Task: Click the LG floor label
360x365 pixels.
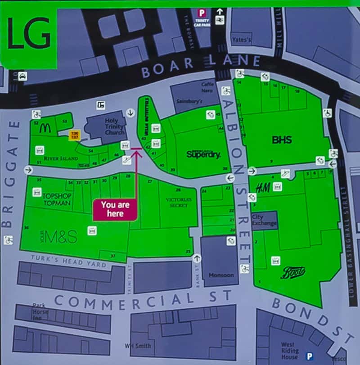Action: coord(28,35)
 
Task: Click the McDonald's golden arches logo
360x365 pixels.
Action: coord(44,128)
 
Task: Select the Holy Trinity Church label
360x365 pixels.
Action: coord(111,124)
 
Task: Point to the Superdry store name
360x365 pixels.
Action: coord(203,154)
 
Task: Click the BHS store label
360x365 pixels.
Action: coord(282,140)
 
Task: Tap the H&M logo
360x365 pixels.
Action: coord(263,188)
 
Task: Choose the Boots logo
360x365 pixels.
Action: coord(293,272)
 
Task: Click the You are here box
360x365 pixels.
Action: coord(115,209)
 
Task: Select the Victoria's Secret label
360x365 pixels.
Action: coord(179,202)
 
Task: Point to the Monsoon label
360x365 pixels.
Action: coord(221,275)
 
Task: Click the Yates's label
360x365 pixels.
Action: coord(241,40)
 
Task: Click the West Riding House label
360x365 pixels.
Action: coord(290,351)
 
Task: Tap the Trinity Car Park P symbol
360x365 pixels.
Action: coord(202,14)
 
